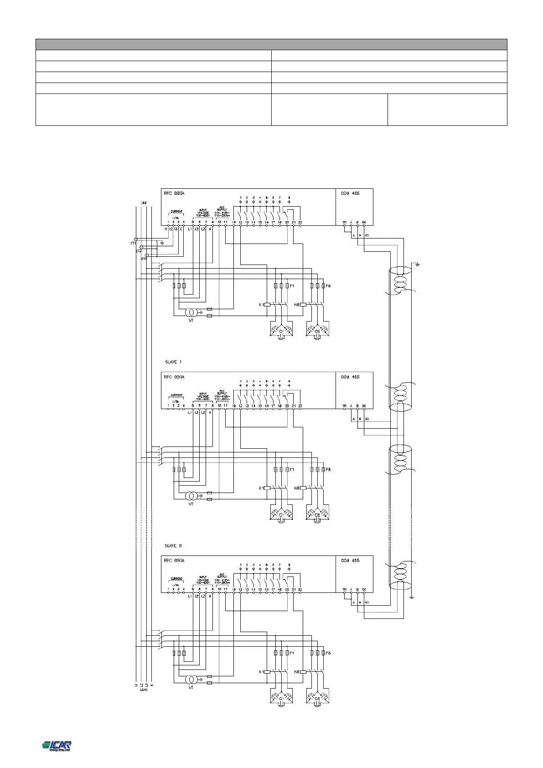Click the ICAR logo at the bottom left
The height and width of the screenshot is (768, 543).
[x=57, y=745]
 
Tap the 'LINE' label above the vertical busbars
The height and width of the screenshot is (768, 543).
[x=144, y=203]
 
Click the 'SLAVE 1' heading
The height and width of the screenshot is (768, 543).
[x=173, y=362]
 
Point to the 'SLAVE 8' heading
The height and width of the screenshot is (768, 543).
[x=173, y=545]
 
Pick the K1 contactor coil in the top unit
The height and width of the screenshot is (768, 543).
[x=267, y=305]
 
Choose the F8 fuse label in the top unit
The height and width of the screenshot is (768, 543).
[x=328, y=285]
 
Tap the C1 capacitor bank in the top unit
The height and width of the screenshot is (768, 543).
[x=281, y=330]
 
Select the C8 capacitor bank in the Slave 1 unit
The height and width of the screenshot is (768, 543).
[x=317, y=514]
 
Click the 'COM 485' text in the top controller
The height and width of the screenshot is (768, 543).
[x=350, y=193]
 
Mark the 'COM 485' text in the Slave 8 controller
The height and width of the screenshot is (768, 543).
[x=350, y=560]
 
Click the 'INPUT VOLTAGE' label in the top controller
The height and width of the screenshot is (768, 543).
[x=203, y=213]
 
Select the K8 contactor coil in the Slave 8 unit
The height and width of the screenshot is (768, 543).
[x=303, y=671]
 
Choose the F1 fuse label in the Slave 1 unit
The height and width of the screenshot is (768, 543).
[x=292, y=469]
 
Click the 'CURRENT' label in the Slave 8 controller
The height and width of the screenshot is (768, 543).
[x=176, y=579]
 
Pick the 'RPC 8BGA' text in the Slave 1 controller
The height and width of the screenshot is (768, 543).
[x=174, y=377]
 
